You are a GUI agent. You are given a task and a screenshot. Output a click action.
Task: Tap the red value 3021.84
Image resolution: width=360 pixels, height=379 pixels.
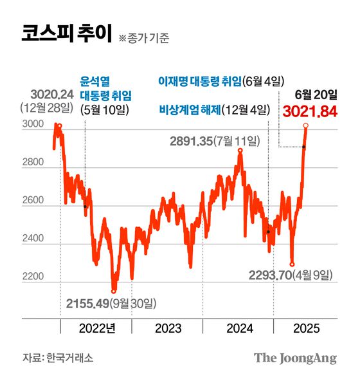click(310, 111)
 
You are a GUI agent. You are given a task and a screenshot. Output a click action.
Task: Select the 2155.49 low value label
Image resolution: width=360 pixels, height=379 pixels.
click(87, 302)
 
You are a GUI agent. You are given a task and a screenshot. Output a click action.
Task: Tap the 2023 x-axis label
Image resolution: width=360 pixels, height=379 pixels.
click(169, 329)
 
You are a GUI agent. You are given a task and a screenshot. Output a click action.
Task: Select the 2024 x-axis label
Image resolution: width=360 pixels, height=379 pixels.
click(240, 329)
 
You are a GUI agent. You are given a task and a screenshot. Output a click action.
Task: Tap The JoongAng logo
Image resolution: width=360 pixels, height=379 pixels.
click(295, 358)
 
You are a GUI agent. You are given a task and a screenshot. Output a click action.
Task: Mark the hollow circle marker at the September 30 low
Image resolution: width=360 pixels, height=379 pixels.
click(114, 291)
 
